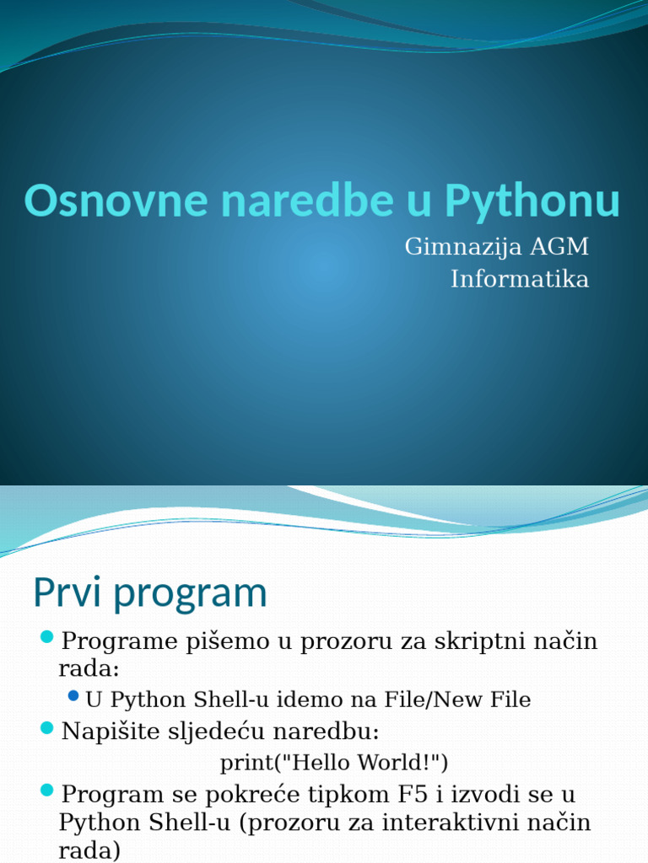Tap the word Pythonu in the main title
click(532, 201)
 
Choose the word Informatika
click(520, 279)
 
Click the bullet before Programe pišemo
click(47, 635)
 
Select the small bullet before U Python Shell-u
click(73, 695)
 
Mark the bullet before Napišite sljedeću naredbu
click(47, 726)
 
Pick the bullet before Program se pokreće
click(47, 790)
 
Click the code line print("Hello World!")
click(334, 763)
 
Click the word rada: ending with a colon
click(89, 668)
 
